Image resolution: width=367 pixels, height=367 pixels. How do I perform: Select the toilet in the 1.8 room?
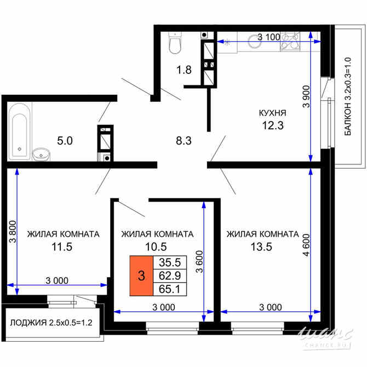pos(175,44)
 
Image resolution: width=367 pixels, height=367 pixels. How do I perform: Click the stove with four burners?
pos(290,42)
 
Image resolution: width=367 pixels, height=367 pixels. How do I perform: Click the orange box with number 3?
pos(141,276)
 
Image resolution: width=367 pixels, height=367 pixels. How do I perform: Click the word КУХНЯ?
pos(273,113)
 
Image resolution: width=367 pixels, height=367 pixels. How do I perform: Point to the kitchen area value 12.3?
pos(273,127)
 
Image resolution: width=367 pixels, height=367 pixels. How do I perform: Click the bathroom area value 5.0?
pos(65,141)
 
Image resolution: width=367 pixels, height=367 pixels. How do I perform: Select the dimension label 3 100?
pos(269,37)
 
